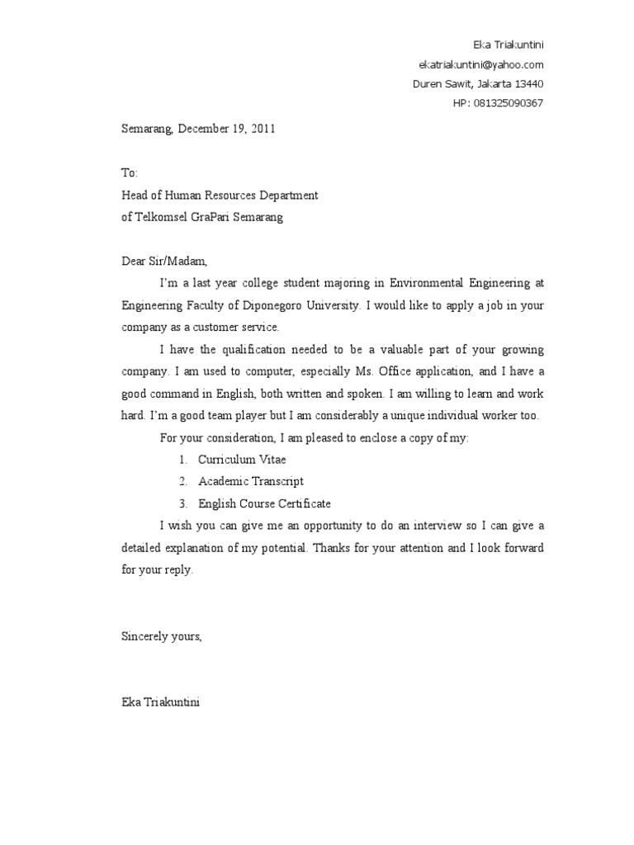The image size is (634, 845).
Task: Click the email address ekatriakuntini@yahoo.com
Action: [x=480, y=64]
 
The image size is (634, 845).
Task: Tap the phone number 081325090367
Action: [x=509, y=103]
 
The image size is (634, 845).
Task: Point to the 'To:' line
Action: [x=130, y=173]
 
